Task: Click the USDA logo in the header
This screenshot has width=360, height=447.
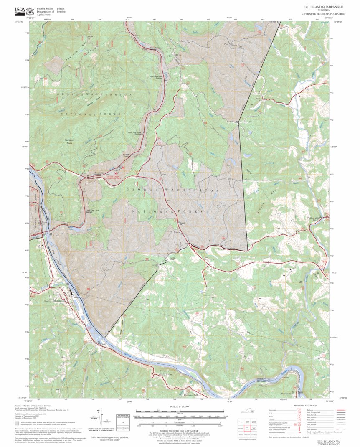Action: [x=20, y=11]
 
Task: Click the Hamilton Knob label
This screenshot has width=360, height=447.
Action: [x=69, y=141]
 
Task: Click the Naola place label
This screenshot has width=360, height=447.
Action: [x=177, y=233]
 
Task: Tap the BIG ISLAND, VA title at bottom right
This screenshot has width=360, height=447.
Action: [x=328, y=441]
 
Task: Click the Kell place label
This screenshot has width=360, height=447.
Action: [x=258, y=99]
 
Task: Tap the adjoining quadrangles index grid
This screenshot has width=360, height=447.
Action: [x=249, y=426]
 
